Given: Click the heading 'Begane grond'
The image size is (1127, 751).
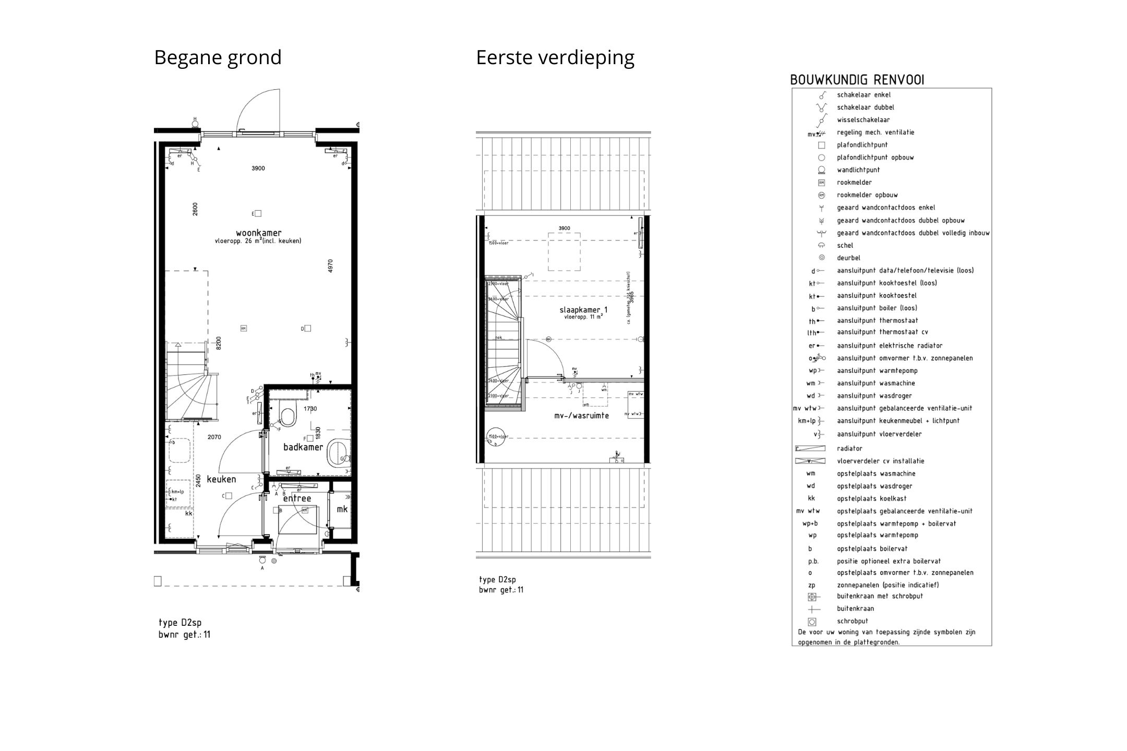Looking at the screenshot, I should coord(218,57).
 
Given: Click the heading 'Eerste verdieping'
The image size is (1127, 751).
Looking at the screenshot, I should coord(555,57).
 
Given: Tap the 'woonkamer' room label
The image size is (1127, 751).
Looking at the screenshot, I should coord(258,233).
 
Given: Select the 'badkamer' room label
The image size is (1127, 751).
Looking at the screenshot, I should coord(303,447).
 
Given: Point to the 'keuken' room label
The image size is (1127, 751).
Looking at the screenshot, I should coord(221,479).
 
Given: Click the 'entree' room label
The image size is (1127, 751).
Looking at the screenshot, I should coord(297,499).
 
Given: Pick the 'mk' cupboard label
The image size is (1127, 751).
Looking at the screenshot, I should coord(342,509).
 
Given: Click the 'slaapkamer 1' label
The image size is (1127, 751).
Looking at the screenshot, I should coord(583,310).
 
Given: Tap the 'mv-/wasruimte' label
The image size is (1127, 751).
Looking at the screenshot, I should coord(581,416).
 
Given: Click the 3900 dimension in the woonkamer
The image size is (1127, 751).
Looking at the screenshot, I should coord(258,168).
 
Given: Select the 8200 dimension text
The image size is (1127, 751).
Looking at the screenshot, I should coord(219,343).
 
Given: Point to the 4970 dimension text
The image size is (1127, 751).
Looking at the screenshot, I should coord(330,265).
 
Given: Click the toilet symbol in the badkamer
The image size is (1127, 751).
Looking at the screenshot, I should coord(287,413).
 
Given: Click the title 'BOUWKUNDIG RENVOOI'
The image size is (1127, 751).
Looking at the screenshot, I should coord(857,80).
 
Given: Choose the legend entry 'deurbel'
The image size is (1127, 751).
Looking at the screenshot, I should coord(848,258).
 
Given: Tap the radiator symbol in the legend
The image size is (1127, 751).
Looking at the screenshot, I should coord(810,449).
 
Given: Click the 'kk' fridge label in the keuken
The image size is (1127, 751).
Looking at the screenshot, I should coord(188,514).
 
